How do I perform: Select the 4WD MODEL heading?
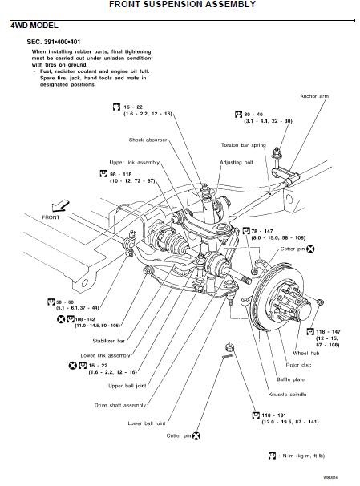click(34, 26)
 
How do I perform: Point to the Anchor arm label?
click(314, 96)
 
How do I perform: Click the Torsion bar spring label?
click(245, 145)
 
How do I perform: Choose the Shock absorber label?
click(147, 139)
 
